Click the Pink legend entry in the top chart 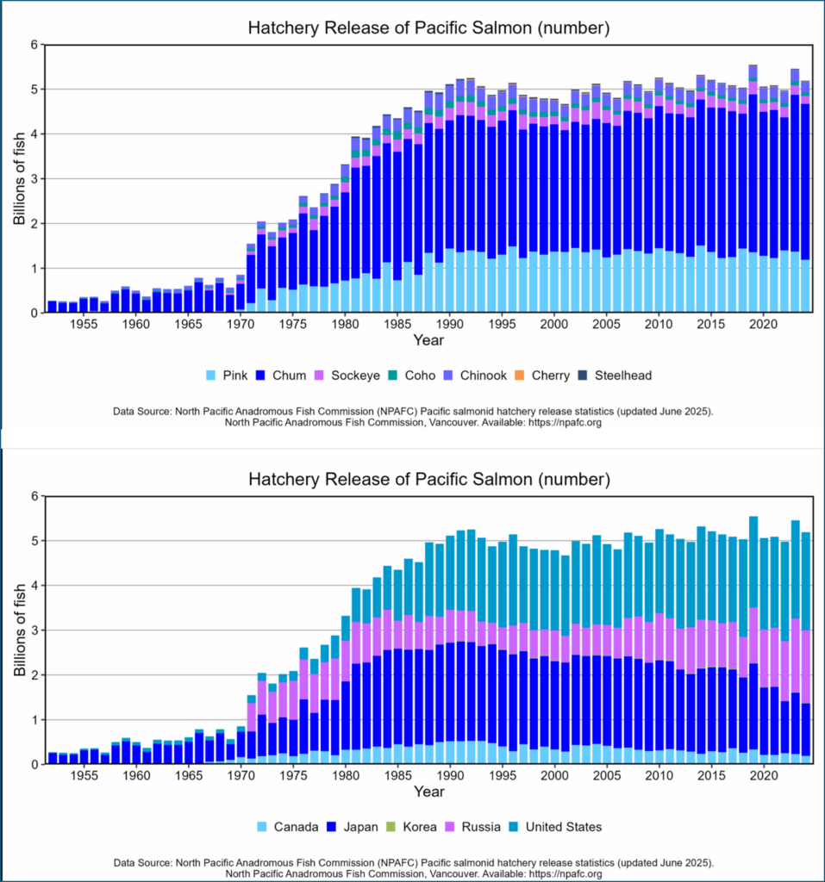coord(226,376)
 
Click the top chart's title coord(428,28)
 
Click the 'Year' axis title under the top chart coord(428,341)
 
